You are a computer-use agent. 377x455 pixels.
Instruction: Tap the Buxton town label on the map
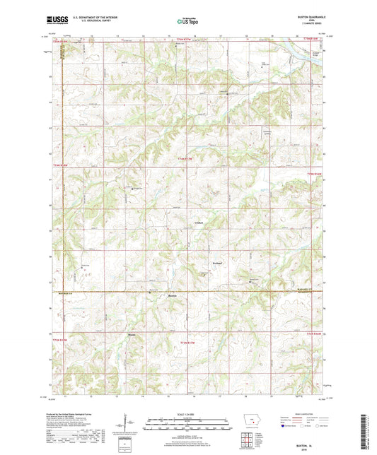[x=172, y=295]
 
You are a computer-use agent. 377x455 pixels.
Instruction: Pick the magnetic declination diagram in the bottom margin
[x=132, y=424]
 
